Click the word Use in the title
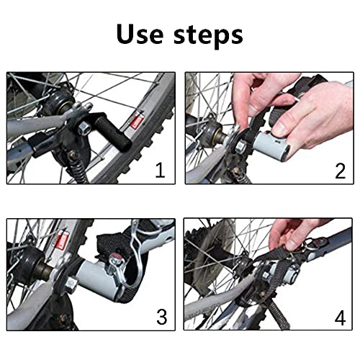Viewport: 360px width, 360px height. tap(139, 34)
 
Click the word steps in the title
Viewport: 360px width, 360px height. tap(208, 36)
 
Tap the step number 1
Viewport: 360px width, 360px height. tap(160, 170)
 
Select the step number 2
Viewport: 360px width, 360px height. tap(340, 171)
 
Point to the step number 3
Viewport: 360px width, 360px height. tap(162, 317)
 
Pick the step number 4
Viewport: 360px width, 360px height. tap(340, 318)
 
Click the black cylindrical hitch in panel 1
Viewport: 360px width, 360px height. tap(113, 131)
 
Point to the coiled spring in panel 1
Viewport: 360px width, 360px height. tap(77, 170)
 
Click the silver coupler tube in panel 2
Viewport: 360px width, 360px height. tap(271, 145)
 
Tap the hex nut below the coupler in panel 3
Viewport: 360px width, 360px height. tap(71, 284)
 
